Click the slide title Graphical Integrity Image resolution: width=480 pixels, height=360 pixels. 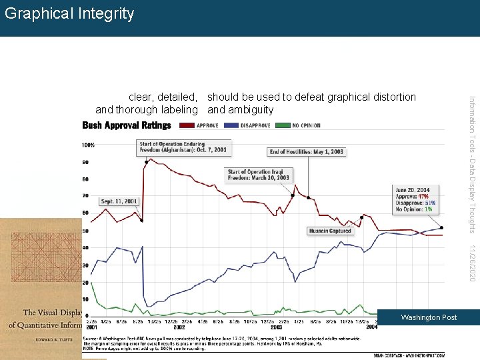click(x=69, y=13)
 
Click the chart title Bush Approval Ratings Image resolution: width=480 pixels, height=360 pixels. click(x=127, y=125)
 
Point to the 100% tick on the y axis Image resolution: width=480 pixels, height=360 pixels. click(x=88, y=145)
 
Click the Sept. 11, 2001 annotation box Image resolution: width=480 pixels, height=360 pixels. click(x=119, y=201)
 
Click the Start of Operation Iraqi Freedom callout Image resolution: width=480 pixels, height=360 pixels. click(x=259, y=175)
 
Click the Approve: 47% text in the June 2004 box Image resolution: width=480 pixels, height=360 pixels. click(x=413, y=197)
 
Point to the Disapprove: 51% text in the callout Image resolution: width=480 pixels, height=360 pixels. click(x=415, y=203)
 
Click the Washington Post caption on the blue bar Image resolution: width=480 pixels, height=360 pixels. click(x=429, y=317)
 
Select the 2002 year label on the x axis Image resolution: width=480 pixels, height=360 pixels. click(x=179, y=327)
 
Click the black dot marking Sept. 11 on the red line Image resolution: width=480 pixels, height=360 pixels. click(x=141, y=221)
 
